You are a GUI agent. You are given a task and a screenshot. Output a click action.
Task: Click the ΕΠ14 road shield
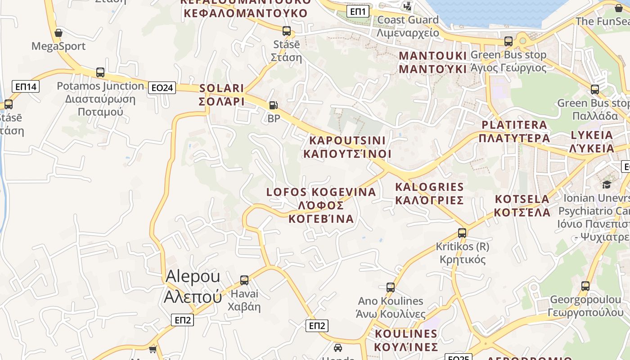pyautogui.click(x=26, y=86)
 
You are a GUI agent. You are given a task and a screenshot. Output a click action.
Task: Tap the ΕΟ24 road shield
pyautogui.click(x=162, y=88)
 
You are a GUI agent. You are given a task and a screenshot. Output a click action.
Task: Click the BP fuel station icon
pyautogui.click(x=273, y=106)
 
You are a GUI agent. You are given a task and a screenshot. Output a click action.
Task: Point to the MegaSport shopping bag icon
pyautogui.click(x=58, y=33)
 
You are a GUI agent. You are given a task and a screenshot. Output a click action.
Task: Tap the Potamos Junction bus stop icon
pyautogui.click(x=100, y=72)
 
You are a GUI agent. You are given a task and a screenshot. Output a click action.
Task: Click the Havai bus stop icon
pyautogui.click(x=244, y=280)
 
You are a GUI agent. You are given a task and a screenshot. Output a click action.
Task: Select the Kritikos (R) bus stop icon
pyautogui.click(x=462, y=233)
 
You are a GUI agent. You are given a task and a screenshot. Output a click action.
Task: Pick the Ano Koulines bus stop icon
pyautogui.click(x=390, y=287)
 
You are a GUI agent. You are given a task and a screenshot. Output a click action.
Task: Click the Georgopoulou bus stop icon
pyautogui.click(x=585, y=286)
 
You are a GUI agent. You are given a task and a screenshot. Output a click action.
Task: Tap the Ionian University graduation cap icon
pyautogui.click(x=607, y=184)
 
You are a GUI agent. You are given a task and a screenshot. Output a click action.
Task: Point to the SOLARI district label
pyautogui.click(x=221, y=95)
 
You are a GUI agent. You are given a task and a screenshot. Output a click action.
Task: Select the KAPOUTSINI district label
pyautogui.click(x=347, y=147)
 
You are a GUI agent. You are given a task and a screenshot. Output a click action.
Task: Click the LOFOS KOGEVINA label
pyautogui.click(x=321, y=205)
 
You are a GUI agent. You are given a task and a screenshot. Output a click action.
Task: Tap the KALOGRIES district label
pyautogui.click(x=429, y=193)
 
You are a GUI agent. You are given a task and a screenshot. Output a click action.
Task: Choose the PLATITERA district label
pyautogui.click(x=514, y=131)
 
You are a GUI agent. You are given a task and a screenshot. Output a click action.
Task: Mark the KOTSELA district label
pyautogui.click(x=522, y=206)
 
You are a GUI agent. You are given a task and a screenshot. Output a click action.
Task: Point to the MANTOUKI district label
pyautogui.click(x=433, y=62)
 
